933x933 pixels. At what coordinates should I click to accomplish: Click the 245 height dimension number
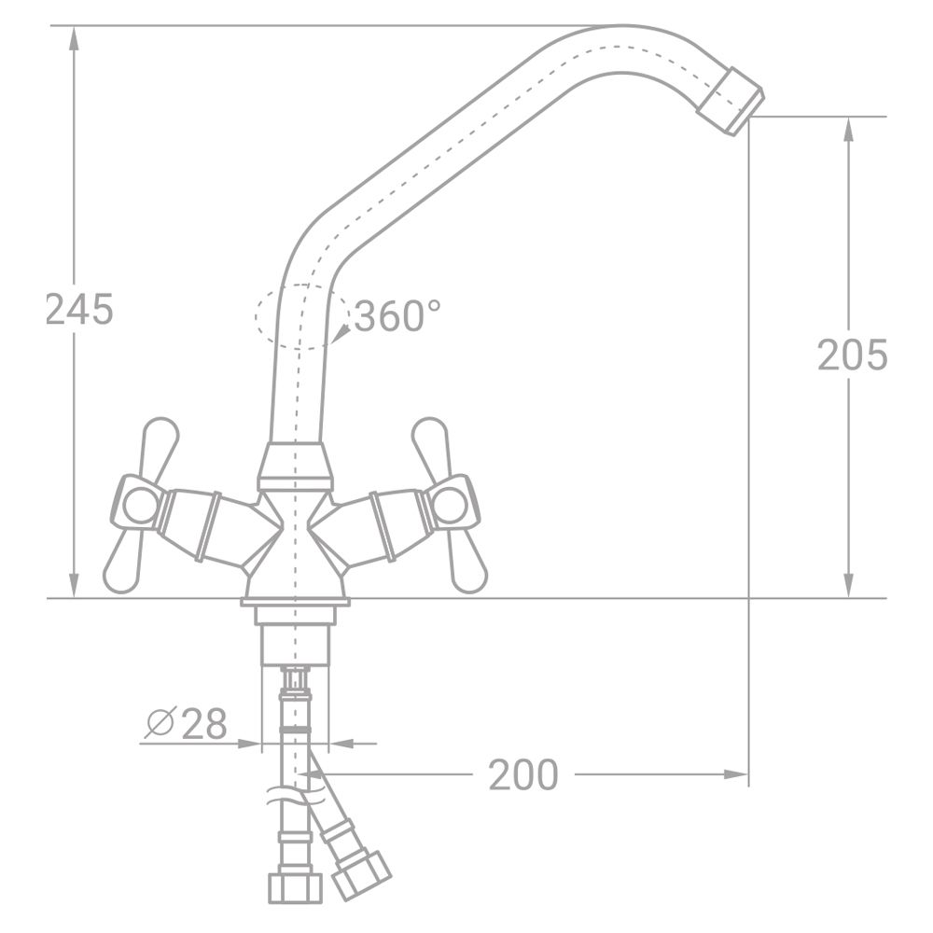tap(79, 310)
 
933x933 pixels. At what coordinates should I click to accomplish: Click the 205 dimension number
tap(851, 355)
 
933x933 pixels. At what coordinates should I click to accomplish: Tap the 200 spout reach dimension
tap(523, 774)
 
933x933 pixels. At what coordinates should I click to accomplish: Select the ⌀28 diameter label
tap(187, 723)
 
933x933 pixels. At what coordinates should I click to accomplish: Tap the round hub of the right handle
tap(452, 505)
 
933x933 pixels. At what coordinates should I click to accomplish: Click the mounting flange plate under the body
tap(295, 603)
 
